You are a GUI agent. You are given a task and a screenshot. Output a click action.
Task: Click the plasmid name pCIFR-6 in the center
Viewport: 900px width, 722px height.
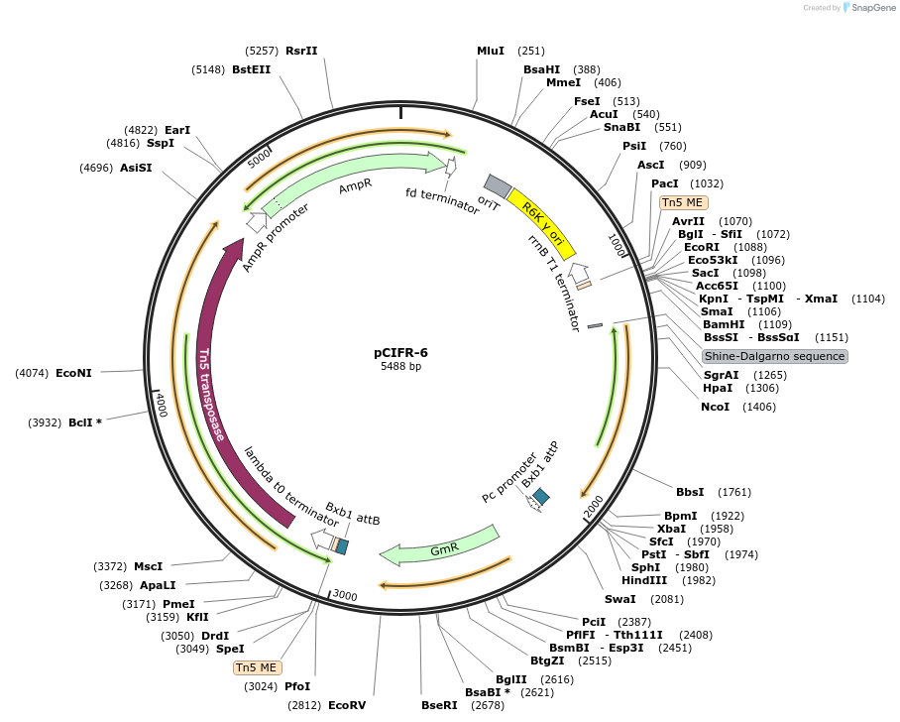tap(400, 351)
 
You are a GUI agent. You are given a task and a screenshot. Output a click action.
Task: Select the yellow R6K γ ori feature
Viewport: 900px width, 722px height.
tap(542, 224)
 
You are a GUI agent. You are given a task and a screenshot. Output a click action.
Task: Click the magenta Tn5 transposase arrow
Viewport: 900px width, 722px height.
tap(215, 387)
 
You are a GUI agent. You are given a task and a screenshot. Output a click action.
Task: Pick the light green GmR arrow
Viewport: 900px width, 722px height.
tap(441, 546)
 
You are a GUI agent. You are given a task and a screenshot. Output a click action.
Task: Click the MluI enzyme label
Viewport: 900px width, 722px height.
tap(491, 51)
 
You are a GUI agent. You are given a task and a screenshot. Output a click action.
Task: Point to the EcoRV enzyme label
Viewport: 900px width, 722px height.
tap(347, 705)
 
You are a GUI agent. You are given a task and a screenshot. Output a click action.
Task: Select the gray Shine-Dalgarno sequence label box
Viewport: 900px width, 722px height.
tap(775, 356)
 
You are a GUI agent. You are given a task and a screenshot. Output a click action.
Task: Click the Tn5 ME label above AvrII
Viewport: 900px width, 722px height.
tap(683, 202)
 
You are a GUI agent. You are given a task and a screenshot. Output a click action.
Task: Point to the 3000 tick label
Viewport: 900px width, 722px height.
tap(344, 594)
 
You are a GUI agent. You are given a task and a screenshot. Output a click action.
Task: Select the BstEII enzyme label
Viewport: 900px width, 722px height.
tap(251, 69)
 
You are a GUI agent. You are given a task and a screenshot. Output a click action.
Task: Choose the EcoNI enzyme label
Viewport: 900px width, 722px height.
tap(74, 373)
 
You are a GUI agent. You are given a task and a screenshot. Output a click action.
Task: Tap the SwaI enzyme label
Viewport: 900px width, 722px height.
tap(620, 599)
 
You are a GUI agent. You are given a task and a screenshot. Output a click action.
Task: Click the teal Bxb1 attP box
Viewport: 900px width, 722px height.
tap(541, 495)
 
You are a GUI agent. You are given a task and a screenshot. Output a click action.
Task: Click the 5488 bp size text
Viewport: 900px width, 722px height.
tap(400, 366)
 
